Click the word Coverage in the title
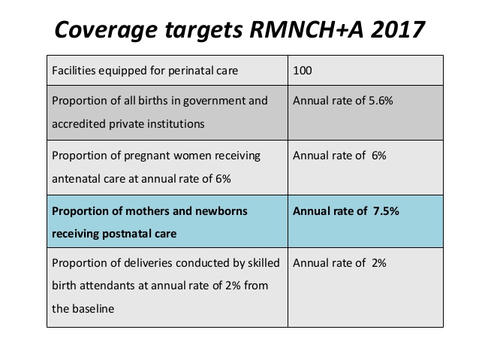106,30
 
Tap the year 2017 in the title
398,29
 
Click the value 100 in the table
303,71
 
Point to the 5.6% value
381,101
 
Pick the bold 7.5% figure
386,210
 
